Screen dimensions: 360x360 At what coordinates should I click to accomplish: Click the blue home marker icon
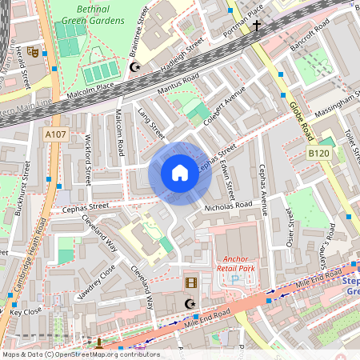coord(180,173)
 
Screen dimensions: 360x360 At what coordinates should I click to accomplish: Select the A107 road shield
coord(55,134)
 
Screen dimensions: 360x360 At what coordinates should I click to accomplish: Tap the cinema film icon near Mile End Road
coord(190,282)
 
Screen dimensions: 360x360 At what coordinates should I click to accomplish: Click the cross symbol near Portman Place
coord(257,26)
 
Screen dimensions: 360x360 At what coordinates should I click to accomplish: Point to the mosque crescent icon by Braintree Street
coord(135,68)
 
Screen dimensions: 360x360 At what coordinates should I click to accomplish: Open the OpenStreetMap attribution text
coord(81,354)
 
